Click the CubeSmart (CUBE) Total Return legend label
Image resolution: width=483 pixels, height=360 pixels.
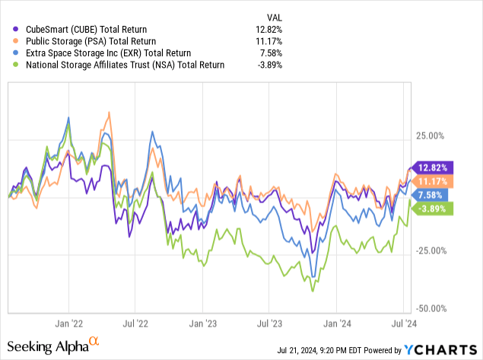click(x=82, y=29)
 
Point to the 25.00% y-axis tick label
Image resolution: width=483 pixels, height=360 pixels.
click(x=432, y=137)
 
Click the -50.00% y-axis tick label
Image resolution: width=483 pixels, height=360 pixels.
click(x=432, y=308)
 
